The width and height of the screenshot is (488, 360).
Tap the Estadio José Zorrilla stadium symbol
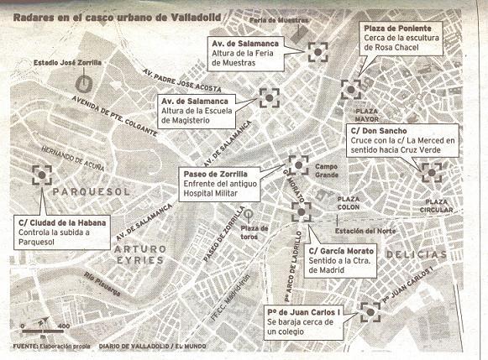coord(83,83)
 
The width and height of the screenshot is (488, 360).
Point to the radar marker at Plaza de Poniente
coord(351,86)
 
